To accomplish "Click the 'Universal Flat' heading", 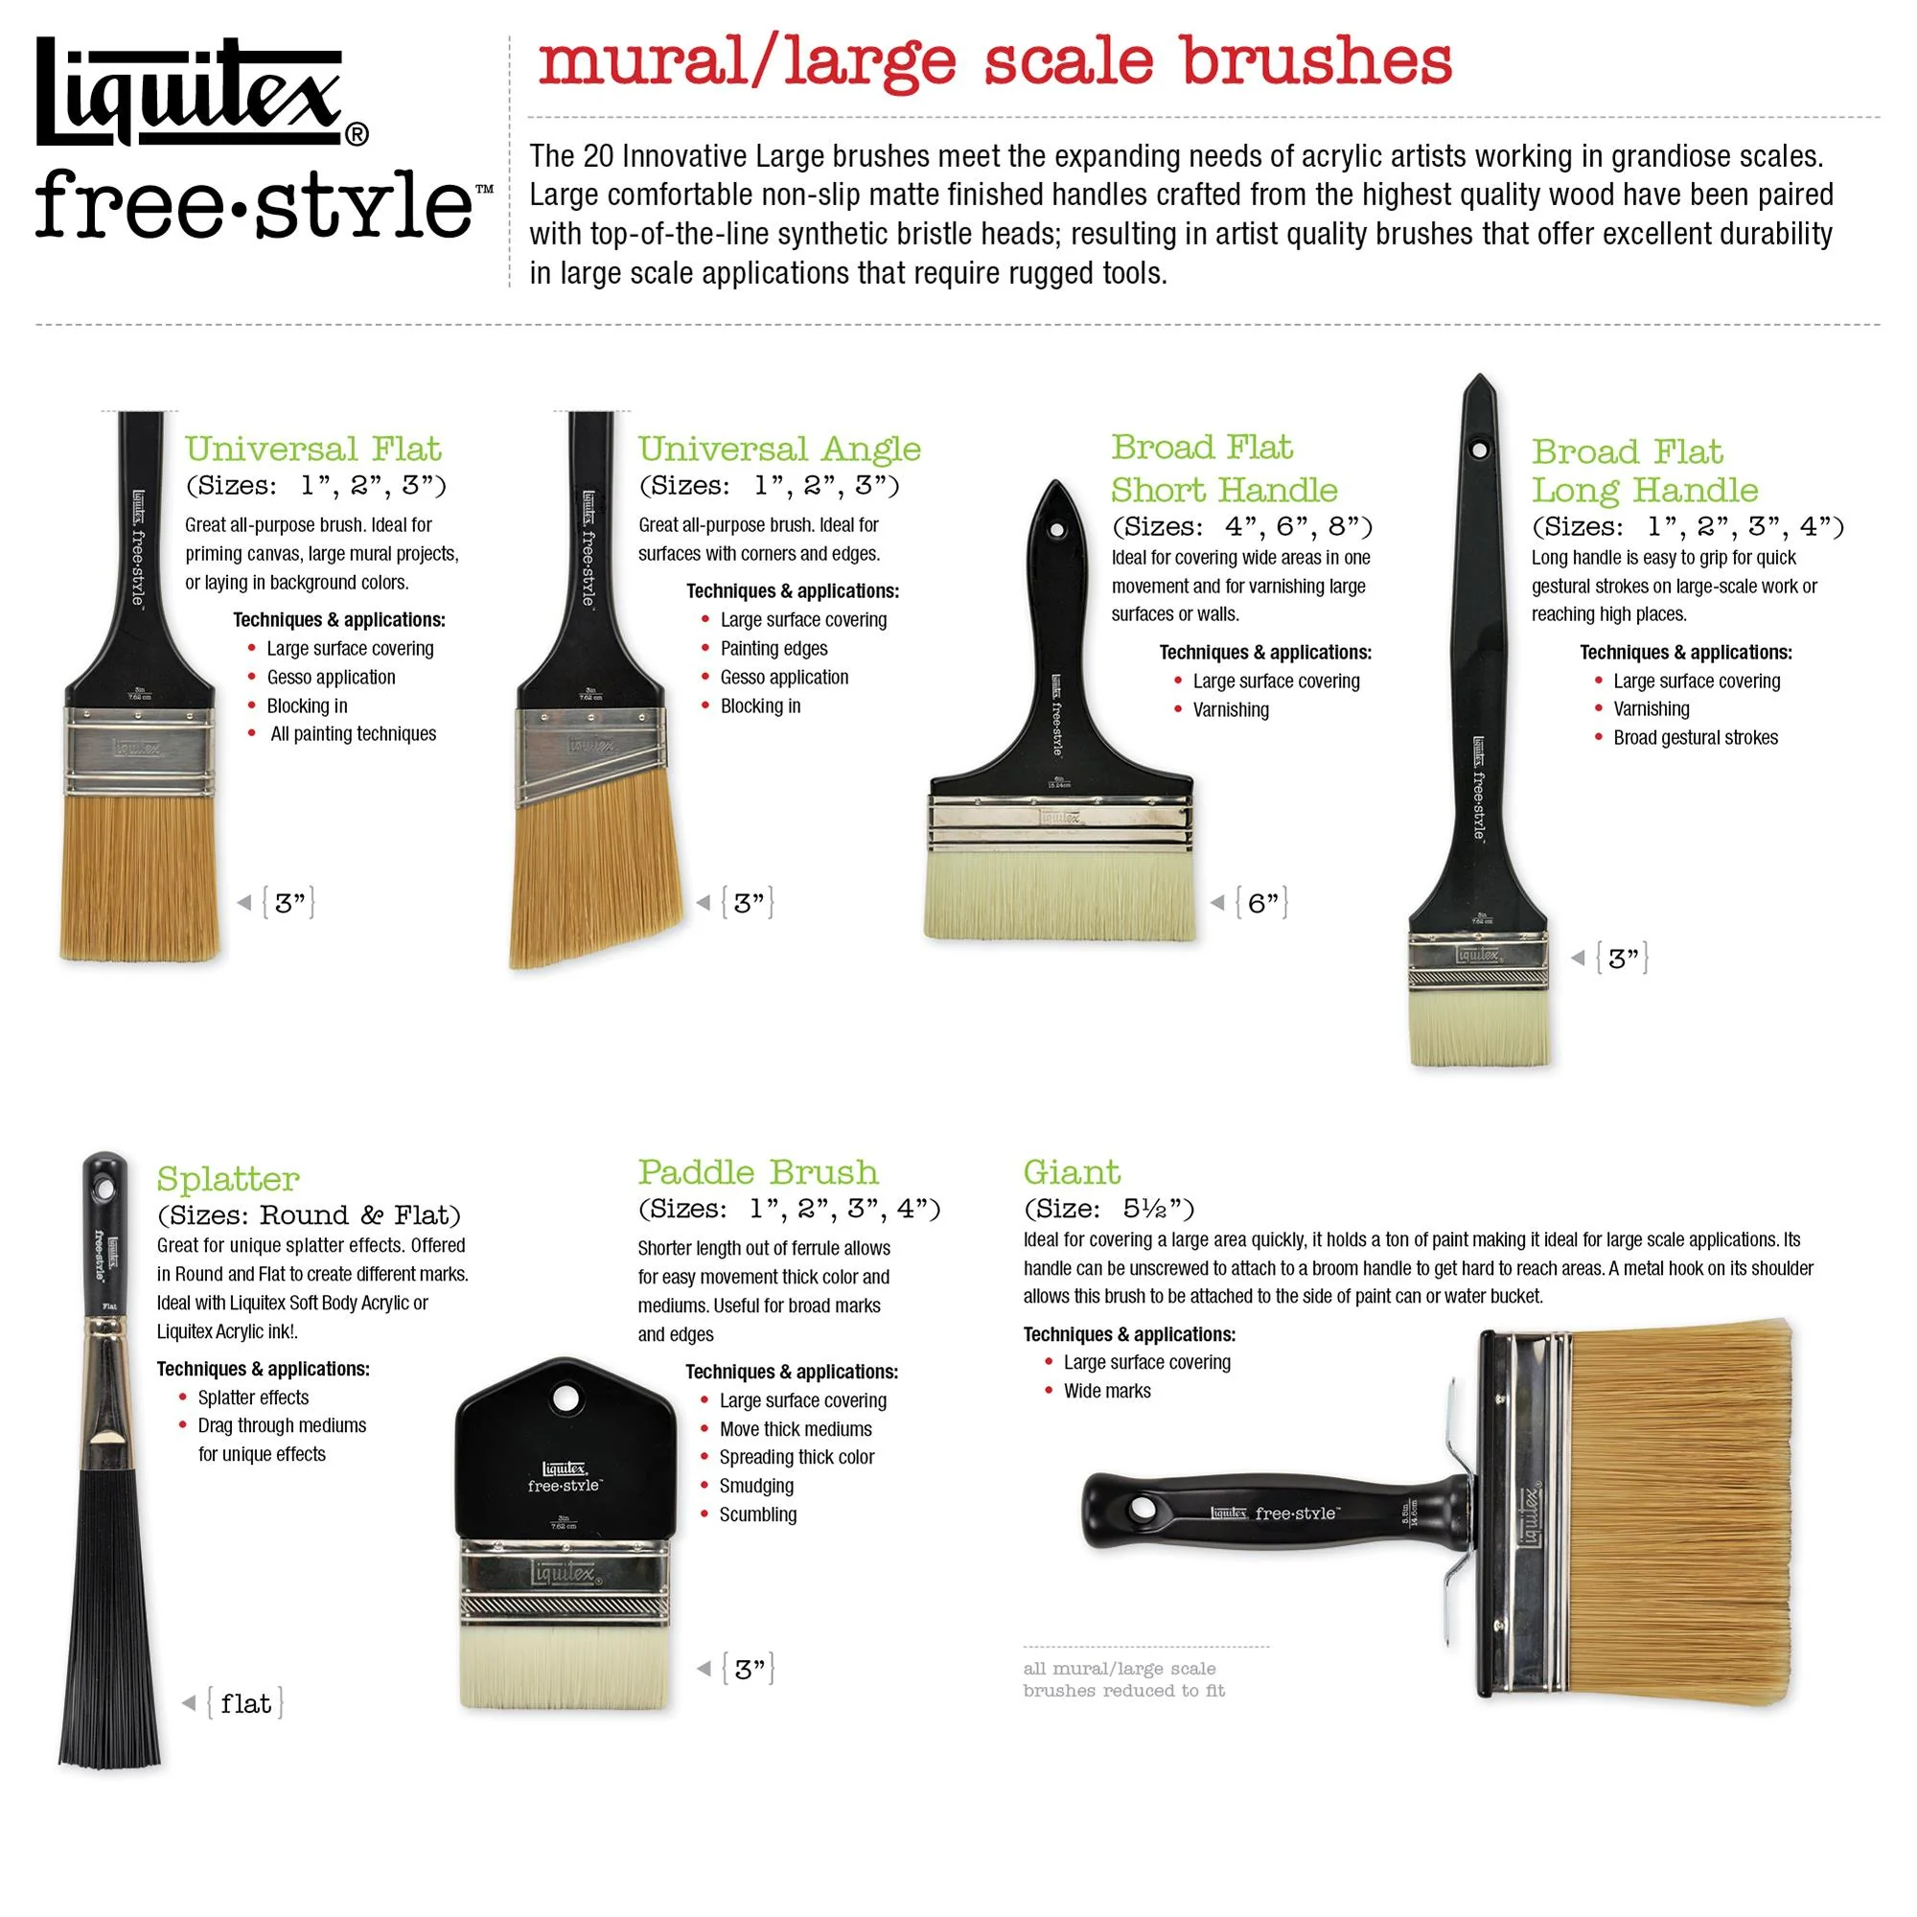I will pyautogui.click(x=312, y=450).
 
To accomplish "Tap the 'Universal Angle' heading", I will pyautogui.click(x=779, y=450).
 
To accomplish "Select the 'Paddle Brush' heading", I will pyautogui.click(x=757, y=1173).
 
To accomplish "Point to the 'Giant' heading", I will pyautogui.click(x=1072, y=1173).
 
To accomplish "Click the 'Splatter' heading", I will pyautogui.click(x=228, y=1180).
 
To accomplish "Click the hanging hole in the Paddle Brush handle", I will pyautogui.click(x=565, y=1398).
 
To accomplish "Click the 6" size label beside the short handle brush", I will pyautogui.click(x=1261, y=903).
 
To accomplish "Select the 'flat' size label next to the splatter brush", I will pyautogui.click(x=245, y=1703).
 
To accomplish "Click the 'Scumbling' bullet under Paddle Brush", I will pyautogui.click(x=757, y=1515).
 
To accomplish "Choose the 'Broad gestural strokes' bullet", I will pyautogui.click(x=1695, y=738).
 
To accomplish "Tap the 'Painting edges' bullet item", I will pyautogui.click(x=773, y=649).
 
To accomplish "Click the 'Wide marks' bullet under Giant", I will pyautogui.click(x=1106, y=1391).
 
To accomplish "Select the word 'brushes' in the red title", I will pyautogui.click(x=1316, y=61).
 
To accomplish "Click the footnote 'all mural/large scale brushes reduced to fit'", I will pyautogui.click(x=1123, y=1680).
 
